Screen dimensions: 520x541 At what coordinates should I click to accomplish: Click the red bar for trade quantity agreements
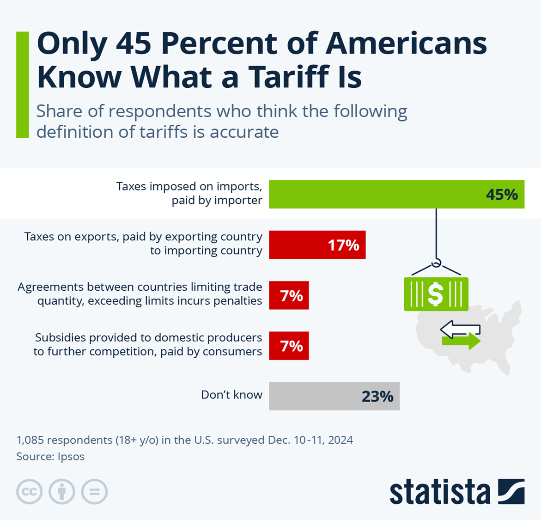point(289,295)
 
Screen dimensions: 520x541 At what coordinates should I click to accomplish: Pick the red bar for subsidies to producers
point(289,346)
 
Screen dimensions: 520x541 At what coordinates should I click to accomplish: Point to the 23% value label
point(377,397)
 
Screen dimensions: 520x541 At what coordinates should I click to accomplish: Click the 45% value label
point(501,195)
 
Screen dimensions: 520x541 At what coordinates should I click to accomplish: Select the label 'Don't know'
point(231,395)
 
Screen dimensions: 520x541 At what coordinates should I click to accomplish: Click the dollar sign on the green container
point(435,294)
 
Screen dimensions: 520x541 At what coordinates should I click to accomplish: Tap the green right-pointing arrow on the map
point(461,341)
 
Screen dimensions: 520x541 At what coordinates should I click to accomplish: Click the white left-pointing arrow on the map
point(460,329)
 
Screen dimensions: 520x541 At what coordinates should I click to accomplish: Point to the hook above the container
point(436,263)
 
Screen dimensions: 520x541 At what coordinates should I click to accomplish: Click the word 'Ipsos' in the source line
point(71,457)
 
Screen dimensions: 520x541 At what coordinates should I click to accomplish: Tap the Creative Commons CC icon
point(30,491)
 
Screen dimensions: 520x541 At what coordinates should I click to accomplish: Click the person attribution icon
point(62,491)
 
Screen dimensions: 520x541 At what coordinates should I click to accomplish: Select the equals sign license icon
point(94,491)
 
